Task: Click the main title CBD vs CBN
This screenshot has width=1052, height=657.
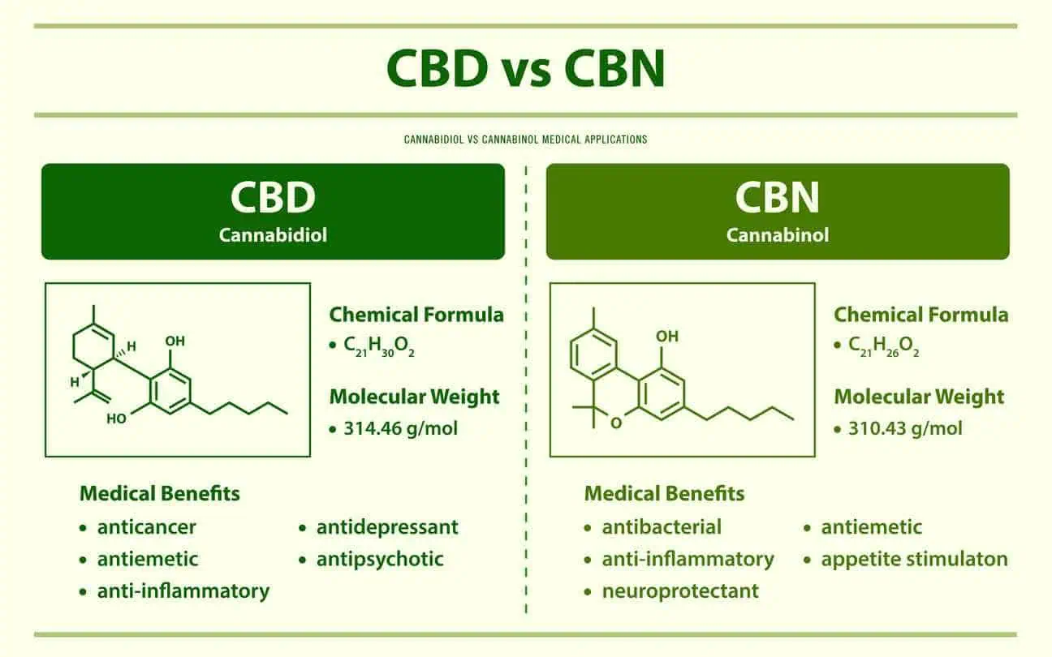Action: [x=525, y=70]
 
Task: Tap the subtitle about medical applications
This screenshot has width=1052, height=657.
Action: [x=525, y=140]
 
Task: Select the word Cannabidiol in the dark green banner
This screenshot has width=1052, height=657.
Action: [x=273, y=235]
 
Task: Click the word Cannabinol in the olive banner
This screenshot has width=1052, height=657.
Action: [x=778, y=235]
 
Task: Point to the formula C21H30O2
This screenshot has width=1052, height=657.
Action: [x=379, y=346]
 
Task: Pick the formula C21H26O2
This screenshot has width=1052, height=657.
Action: [x=884, y=346]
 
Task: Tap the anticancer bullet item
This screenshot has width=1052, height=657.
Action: [x=146, y=527]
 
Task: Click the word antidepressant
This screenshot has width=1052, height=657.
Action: [x=387, y=527]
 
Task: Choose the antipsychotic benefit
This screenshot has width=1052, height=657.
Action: [x=380, y=559]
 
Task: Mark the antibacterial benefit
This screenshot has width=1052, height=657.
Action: [x=662, y=527]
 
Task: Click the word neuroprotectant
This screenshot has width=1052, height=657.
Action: [x=680, y=590]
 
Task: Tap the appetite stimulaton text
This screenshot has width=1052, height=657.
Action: [x=914, y=559]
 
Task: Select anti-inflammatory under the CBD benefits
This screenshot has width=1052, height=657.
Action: [x=183, y=590]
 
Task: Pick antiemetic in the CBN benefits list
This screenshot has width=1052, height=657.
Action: [x=871, y=527]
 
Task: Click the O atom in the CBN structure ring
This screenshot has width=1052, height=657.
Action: [x=615, y=423]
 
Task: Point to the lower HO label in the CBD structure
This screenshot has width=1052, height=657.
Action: [x=117, y=419]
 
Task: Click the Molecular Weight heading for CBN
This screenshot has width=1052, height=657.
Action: [x=919, y=397]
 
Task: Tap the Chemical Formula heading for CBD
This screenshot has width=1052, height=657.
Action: [x=416, y=315]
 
